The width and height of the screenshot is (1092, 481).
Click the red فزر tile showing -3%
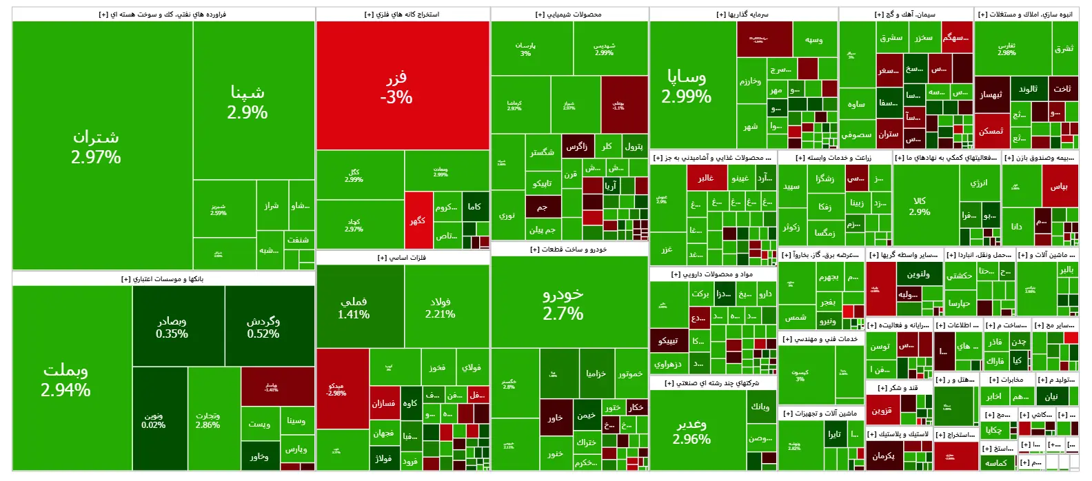click(x=402, y=86)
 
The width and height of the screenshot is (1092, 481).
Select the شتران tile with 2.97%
click(x=96, y=147)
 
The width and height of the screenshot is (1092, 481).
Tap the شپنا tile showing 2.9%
click(x=247, y=102)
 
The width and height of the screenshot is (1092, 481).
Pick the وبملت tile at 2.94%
click(x=65, y=380)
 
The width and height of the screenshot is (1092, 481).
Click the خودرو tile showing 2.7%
click(x=563, y=303)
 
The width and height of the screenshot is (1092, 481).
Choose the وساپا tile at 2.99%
click(x=686, y=86)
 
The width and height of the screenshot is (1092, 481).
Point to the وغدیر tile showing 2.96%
click(x=691, y=431)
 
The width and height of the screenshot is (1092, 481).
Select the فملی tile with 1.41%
click(x=353, y=307)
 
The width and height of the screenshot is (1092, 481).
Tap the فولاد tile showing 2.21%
click(x=440, y=307)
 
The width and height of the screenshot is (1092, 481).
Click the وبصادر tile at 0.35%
click(x=172, y=327)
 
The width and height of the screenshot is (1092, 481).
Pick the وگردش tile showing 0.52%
click(x=263, y=327)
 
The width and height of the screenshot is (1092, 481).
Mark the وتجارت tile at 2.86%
click(x=208, y=420)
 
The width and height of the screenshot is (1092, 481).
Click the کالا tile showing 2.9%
click(x=920, y=206)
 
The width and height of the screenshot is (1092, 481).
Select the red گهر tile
click(x=418, y=221)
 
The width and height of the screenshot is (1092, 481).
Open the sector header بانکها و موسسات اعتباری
click(x=163, y=279)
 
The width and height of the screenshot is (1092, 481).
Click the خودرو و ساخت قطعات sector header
click(x=569, y=249)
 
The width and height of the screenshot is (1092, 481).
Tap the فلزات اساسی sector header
click(x=402, y=258)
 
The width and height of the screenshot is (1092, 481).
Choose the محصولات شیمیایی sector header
click(x=569, y=14)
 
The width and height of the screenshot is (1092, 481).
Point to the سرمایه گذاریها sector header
click(x=742, y=14)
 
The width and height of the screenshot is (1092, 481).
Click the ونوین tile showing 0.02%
click(x=153, y=420)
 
